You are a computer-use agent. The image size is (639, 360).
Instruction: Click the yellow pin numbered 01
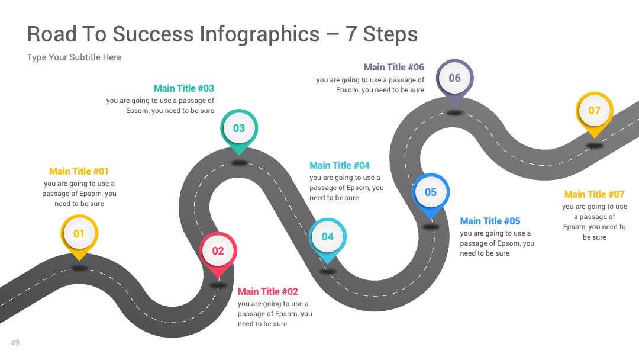coord(79,235)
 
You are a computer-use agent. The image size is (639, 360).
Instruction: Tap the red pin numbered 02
coord(218,252)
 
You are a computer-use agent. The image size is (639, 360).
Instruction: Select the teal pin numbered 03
coord(239,130)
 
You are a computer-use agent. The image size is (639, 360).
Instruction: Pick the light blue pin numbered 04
coord(328,239)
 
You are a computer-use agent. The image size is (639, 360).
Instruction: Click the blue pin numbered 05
coord(431,194)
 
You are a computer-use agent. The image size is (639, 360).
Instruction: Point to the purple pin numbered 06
coord(455,79)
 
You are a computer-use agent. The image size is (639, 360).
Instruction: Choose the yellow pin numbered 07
coord(595,112)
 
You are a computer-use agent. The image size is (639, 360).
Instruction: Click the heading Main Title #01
coord(79,171)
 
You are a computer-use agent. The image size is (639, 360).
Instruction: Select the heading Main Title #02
coord(268,291)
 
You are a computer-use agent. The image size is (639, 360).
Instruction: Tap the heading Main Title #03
coord(184,88)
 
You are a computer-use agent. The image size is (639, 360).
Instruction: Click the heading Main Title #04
coord(340,166)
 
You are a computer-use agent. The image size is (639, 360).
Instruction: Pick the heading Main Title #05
coord(490,221)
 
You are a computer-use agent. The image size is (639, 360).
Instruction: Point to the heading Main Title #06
coord(394,67)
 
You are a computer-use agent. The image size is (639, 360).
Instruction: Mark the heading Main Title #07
coord(595,194)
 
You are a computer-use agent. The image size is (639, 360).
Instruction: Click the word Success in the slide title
coord(153,34)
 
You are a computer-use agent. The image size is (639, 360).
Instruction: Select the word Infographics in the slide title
coord(260,35)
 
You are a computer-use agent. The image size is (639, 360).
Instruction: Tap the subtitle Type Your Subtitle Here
coord(74,57)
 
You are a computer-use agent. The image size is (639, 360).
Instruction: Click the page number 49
coord(15,343)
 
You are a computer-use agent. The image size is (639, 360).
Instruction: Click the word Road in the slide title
coord(51,34)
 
